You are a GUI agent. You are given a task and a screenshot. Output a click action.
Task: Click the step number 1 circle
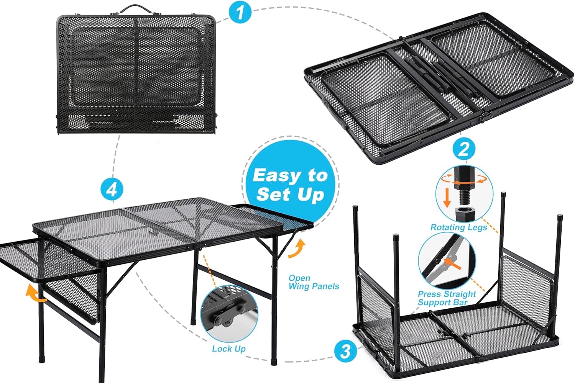240,13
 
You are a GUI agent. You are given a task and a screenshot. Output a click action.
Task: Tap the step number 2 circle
464,149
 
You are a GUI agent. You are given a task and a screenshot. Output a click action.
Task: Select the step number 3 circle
345,350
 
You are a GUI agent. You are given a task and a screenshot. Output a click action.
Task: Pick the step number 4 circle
112,189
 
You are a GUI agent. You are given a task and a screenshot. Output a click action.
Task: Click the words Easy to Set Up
290,185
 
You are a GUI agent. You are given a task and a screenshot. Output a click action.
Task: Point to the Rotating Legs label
458,227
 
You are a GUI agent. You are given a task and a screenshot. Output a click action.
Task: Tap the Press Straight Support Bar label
447,298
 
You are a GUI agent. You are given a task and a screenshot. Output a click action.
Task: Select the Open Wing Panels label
314,282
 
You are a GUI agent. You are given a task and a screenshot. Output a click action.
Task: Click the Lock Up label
229,349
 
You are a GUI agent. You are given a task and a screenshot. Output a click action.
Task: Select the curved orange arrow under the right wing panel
297,249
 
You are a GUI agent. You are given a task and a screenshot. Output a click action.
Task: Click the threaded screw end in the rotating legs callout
464,197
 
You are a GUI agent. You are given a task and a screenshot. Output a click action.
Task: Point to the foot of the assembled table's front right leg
274,360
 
